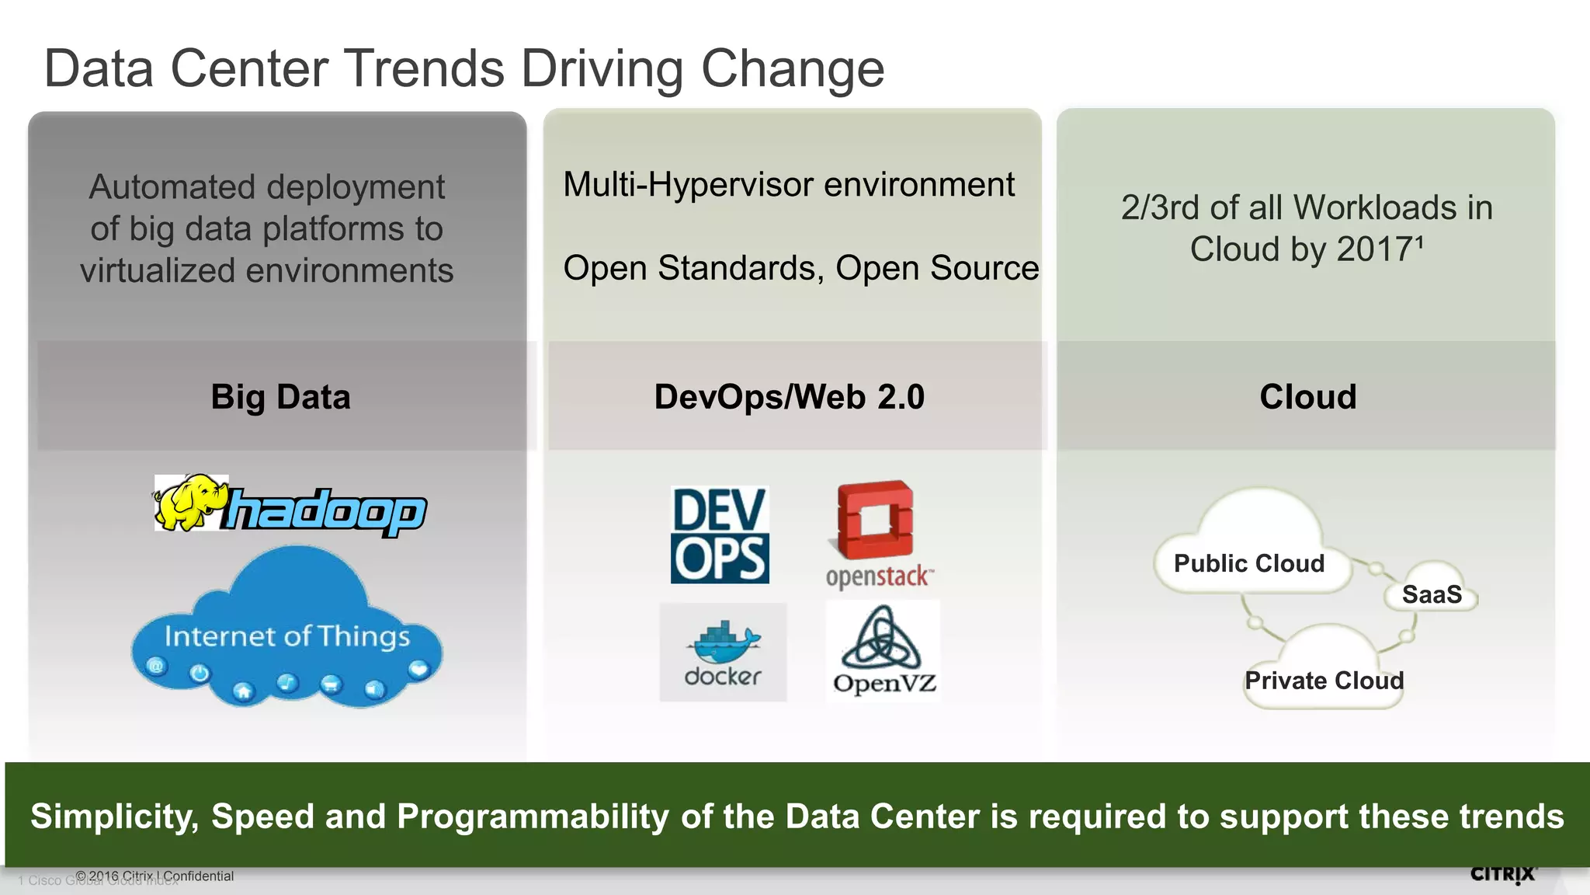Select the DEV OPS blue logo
coord(720,535)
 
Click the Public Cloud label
coord(1248,563)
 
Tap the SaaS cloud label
coord(1431,595)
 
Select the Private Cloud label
coord(1324,681)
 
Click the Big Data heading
coord(280,397)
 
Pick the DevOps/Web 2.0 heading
coord(789,397)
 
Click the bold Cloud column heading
coord(1307,397)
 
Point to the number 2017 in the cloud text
coord(1375,249)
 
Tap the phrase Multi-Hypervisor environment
coord(788,185)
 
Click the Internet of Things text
coord(286,636)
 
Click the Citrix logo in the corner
coord(1502,875)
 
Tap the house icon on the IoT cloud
coord(244,691)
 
